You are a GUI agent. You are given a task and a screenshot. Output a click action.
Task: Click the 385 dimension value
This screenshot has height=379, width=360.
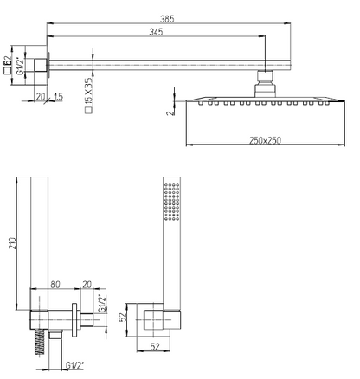click(x=167, y=19)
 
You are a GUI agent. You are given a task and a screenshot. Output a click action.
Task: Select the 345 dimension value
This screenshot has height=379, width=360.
click(x=156, y=32)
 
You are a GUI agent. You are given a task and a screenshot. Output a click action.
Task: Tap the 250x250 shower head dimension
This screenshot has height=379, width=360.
click(x=265, y=140)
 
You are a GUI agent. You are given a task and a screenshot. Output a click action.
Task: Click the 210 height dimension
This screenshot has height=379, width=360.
click(x=12, y=244)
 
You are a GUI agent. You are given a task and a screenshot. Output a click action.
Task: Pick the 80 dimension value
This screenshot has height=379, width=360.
click(x=55, y=285)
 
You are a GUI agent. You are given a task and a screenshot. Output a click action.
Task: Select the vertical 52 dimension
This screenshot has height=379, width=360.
click(x=124, y=318)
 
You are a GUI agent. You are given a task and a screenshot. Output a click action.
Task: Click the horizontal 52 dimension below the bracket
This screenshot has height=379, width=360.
click(x=155, y=346)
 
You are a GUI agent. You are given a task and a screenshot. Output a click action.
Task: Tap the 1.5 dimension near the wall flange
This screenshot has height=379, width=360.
click(x=58, y=97)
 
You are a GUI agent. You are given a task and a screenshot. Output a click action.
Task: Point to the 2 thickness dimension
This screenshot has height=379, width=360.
click(x=170, y=112)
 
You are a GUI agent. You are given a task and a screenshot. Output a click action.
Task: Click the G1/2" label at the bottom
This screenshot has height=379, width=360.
click(x=74, y=366)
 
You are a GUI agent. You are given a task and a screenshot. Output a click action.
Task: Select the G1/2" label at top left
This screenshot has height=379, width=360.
click(x=21, y=66)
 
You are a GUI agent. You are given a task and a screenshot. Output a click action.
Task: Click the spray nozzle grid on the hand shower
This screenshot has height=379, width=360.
click(x=172, y=202)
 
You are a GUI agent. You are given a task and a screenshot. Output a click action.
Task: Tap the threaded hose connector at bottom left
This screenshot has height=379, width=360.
click(x=40, y=342)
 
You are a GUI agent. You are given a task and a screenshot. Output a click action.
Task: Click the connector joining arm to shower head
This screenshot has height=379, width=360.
click(x=265, y=84)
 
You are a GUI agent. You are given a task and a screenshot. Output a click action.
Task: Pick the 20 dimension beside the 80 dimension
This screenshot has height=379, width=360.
click(x=87, y=285)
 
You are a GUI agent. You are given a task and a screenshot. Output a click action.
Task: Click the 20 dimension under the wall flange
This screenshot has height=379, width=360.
click(x=41, y=97)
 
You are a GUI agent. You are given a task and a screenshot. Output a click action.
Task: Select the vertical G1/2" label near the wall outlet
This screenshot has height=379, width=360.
click(x=102, y=304)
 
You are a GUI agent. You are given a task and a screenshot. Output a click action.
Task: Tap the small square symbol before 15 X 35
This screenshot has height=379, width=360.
click(x=89, y=110)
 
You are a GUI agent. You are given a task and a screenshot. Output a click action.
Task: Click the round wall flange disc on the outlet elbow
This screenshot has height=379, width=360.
click(x=74, y=320)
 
